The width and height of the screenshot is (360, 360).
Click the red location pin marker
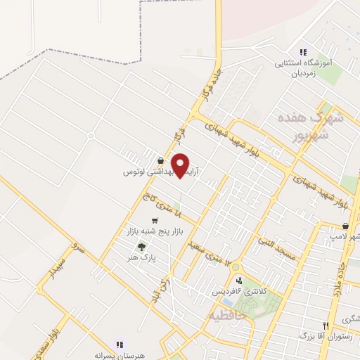point(181,165)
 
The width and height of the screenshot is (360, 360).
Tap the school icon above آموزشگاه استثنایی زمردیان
point(303,52)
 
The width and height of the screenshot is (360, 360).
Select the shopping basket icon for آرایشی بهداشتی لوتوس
point(161,160)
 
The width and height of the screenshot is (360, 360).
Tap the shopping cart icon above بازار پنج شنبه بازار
point(155,221)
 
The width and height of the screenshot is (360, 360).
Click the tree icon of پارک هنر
point(143,247)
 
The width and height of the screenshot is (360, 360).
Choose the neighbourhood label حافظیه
point(225,316)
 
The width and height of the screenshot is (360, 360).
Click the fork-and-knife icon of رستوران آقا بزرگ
point(325,326)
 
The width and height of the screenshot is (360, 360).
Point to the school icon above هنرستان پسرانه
point(120,345)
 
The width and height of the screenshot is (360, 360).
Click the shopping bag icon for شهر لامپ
point(345,226)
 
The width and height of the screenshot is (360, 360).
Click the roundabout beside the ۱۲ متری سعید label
point(234,268)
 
